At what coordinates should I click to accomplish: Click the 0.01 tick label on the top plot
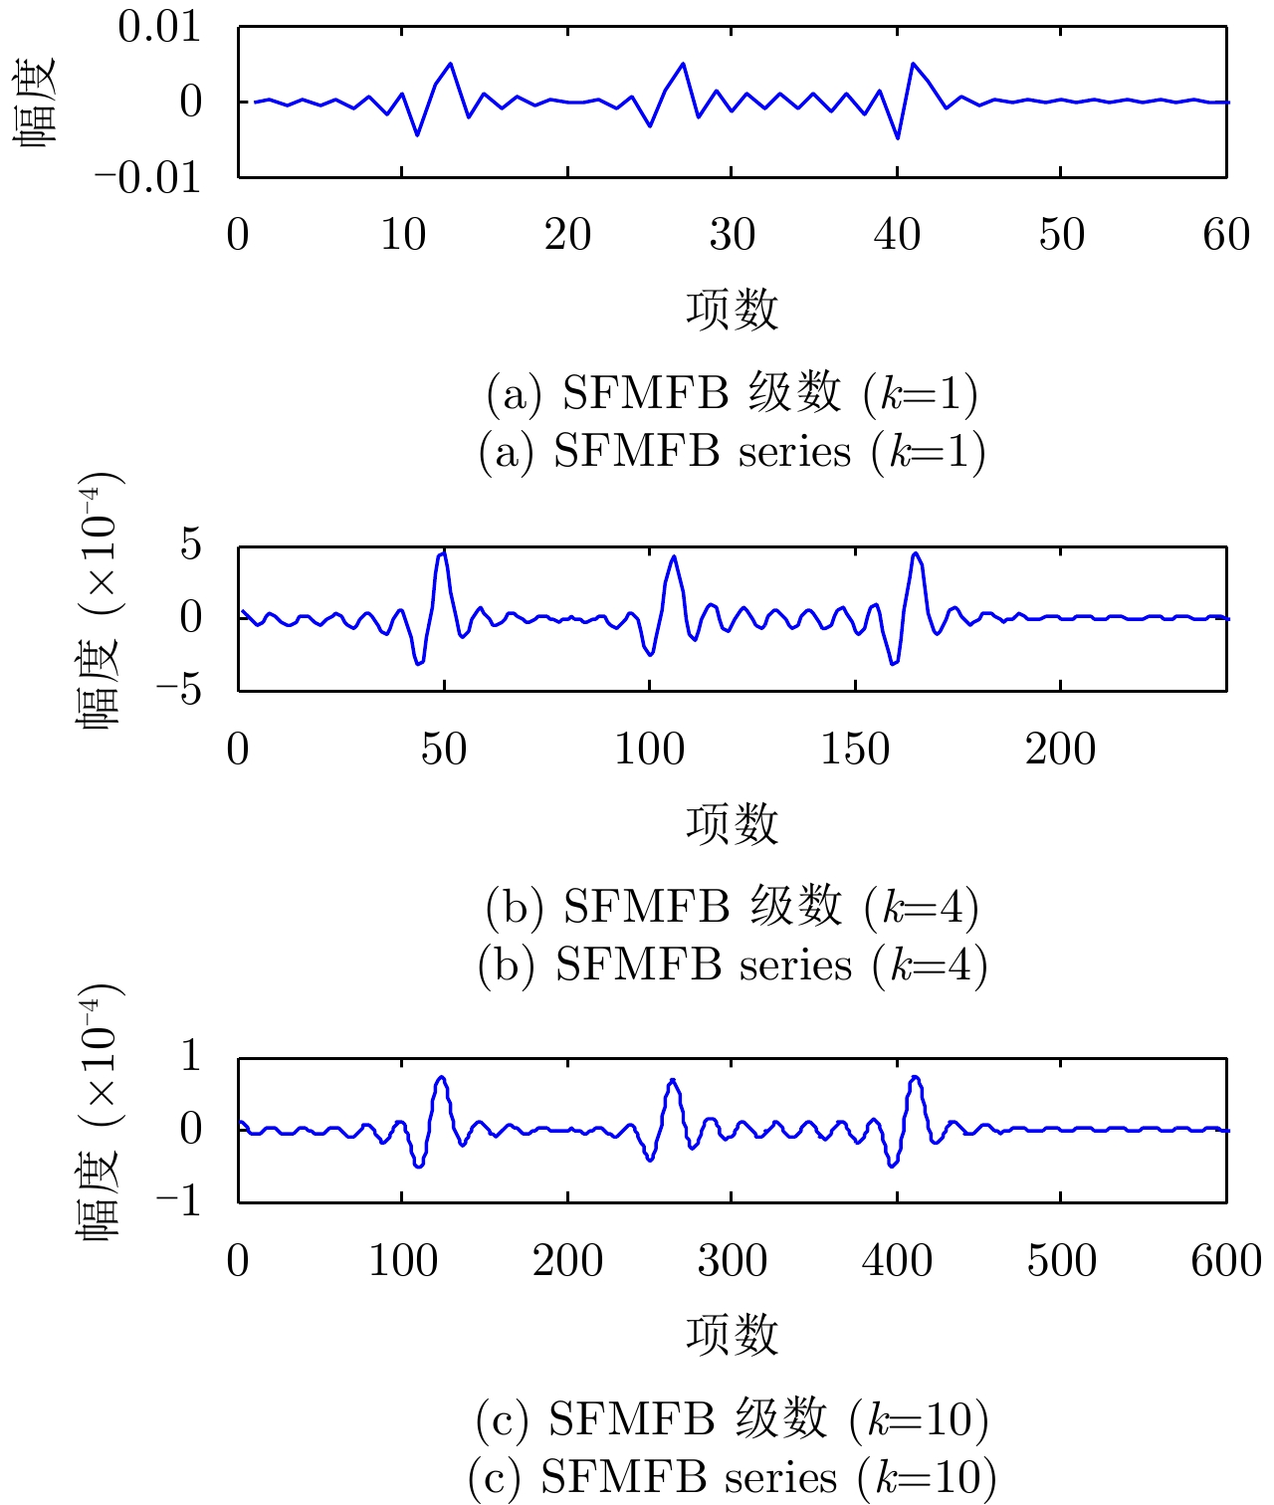tap(159, 27)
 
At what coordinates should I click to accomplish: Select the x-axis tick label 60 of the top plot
tap(1226, 236)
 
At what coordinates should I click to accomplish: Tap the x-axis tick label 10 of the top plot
tap(402, 236)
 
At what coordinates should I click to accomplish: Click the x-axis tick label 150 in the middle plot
tap(855, 750)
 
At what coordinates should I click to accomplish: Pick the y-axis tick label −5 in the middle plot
tap(178, 689)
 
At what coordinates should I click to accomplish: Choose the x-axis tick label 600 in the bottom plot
tap(1226, 1261)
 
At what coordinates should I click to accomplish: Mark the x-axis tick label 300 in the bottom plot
tap(732, 1261)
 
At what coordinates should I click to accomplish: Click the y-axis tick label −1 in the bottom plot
tap(178, 1200)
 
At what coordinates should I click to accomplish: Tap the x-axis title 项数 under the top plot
tap(732, 310)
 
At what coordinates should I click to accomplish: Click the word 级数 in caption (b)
tap(796, 906)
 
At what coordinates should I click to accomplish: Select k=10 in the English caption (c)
tap(932, 1477)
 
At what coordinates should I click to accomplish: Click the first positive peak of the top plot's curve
tap(451, 64)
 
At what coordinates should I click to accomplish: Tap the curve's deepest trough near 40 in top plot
tap(898, 138)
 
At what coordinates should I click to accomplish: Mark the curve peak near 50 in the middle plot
tap(443, 550)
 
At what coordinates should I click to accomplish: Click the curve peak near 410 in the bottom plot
tap(915, 1077)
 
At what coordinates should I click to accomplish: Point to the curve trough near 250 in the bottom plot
tap(650, 1160)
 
